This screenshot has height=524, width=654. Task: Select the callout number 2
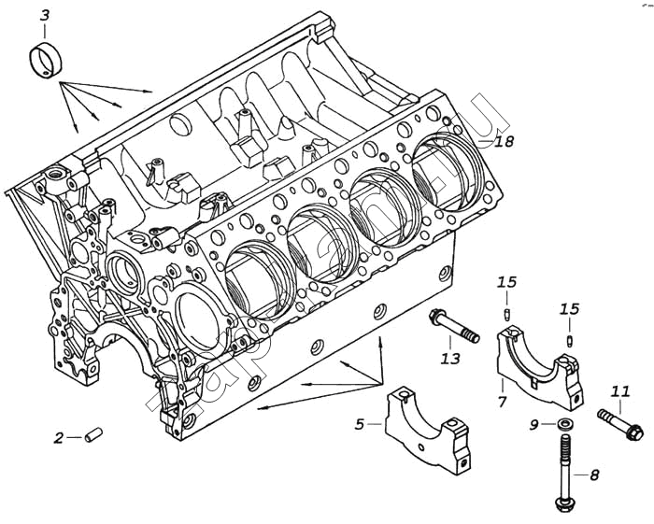click(x=58, y=436)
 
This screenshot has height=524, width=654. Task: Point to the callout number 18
click(x=505, y=141)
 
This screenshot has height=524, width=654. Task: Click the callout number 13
click(x=450, y=357)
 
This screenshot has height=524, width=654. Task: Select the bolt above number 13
click(x=454, y=328)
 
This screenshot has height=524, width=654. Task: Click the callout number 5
click(x=360, y=424)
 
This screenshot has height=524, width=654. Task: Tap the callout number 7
click(x=503, y=402)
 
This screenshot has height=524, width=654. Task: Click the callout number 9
click(x=534, y=425)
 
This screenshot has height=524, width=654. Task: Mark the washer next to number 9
click(x=564, y=426)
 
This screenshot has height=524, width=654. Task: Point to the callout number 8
click(x=594, y=474)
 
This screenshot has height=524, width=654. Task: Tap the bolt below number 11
click(x=619, y=423)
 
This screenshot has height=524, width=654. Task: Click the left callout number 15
click(x=506, y=282)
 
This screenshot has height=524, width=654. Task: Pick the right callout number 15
click(x=569, y=308)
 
